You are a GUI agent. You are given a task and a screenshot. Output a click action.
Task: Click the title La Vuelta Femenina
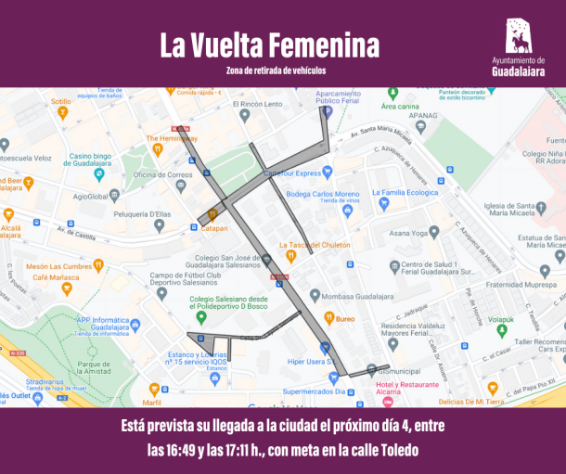tap(269, 45)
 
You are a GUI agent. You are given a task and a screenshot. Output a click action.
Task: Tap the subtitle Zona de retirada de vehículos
tap(276, 70)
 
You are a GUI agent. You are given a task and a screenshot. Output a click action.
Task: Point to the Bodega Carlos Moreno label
tap(322, 194)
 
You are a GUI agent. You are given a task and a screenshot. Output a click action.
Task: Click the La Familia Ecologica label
tap(410, 193)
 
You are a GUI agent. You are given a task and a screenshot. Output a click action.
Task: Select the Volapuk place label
tap(501, 320)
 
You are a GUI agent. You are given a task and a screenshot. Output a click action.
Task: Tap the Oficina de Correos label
tap(161, 174)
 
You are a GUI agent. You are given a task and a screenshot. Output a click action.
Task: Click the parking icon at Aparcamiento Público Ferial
tap(325, 110)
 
